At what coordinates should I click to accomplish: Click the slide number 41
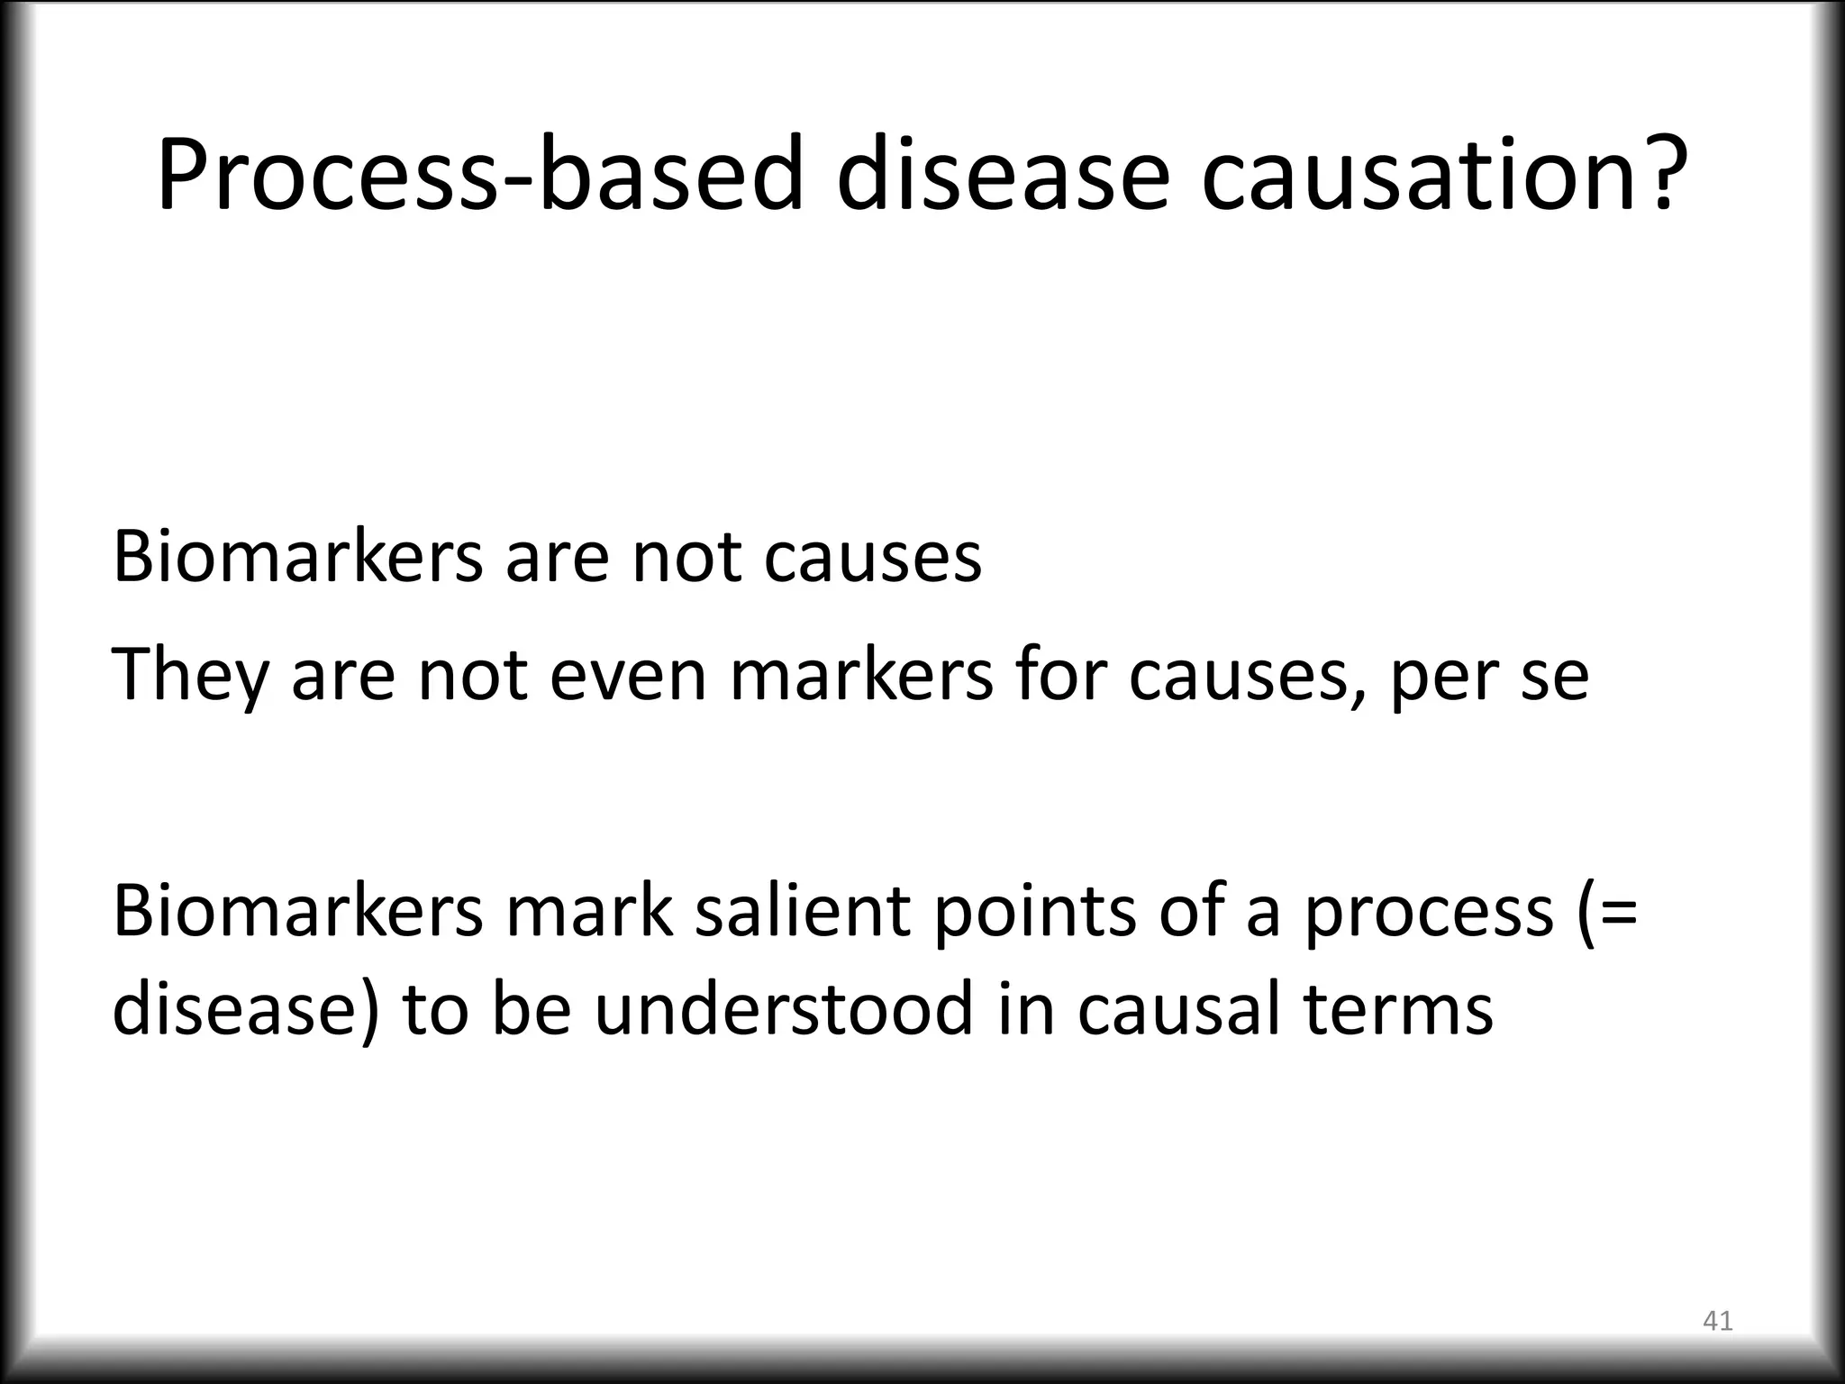coord(1717,1321)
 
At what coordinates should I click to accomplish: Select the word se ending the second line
coord(1555,676)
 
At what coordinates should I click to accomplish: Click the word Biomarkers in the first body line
coord(297,557)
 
